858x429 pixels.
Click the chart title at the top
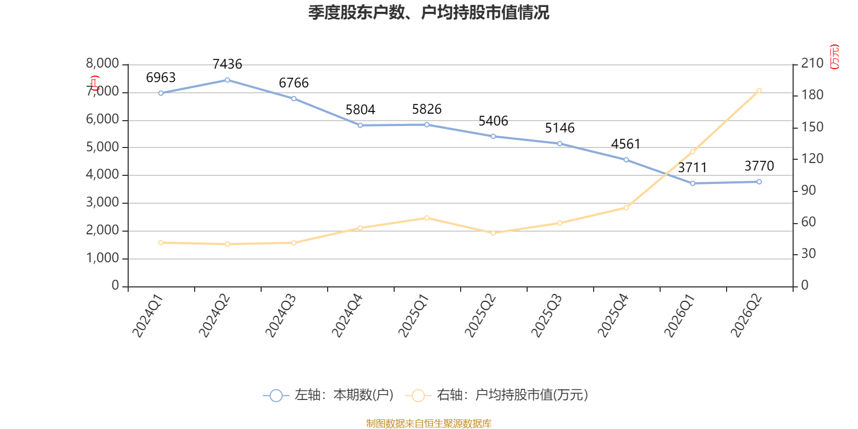tap(428, 13)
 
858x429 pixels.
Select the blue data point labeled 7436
tap(227, 80)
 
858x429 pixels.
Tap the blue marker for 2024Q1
tap(161, 93)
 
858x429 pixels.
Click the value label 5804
tap(360, 110)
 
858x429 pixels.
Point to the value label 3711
tap(692, 168)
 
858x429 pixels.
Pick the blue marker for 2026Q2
tap(759, 182)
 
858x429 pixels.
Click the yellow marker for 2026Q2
tap(759, 91)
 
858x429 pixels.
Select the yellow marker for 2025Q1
tap(427, 218)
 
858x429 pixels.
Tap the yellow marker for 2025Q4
tap(626, 208)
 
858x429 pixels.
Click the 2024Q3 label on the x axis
tap(281, 316)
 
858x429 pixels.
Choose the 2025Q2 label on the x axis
tap(480, 316)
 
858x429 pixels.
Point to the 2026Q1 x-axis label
tap(679, 316)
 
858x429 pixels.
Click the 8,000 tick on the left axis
tap(102, 63)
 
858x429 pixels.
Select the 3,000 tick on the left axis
tap(102, 202)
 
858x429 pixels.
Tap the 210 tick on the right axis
tap(812, 63)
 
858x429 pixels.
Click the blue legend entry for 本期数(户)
tap(328, 395)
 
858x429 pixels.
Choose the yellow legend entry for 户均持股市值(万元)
tap(497, 395)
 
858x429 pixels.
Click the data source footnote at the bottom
tap(428, 423)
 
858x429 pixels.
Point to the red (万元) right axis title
tap(834, 57)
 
